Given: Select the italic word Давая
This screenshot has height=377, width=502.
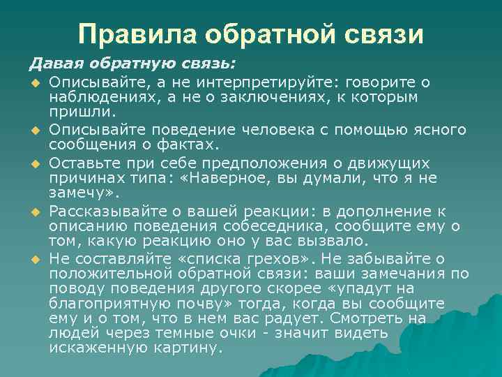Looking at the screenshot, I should point(52,65).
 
